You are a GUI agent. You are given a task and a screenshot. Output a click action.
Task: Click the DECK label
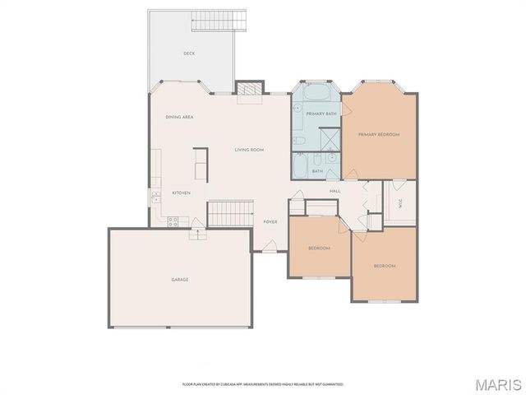click(x=189, y=53)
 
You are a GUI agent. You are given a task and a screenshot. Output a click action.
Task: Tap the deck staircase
click(x=219, y=21)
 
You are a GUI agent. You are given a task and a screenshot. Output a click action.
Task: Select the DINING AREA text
click(x=179, y=117)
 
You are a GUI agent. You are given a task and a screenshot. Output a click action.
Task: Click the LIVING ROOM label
click(x=248, y=150)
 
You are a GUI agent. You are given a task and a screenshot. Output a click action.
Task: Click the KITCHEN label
click(x=181, y=193)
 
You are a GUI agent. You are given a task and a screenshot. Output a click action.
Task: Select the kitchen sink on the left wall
click(x=155, y=197)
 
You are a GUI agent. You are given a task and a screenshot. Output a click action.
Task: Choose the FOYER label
click(x=270, y=221)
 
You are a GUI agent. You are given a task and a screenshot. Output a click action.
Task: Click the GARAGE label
click(x=180, y=280)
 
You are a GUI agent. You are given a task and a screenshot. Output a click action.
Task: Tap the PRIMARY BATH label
click(x=321, y=113)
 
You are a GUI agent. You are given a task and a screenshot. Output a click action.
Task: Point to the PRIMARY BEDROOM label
click(x=378, y=134)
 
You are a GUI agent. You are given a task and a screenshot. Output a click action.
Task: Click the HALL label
click(x=335, y=191)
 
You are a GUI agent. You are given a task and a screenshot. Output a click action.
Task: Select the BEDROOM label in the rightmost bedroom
click(x=384, y=266)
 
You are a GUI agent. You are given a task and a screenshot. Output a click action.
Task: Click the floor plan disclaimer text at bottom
click(x=262, y=384)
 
